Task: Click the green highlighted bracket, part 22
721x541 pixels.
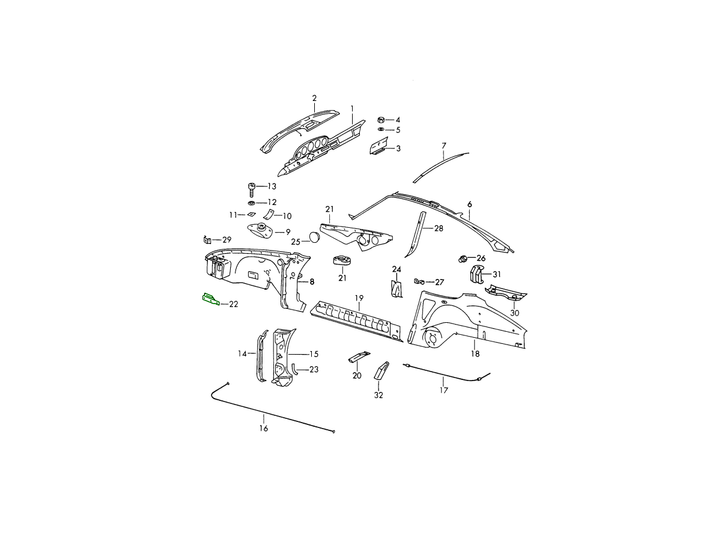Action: coord(211,299)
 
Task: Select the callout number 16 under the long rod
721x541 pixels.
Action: coord(263,429)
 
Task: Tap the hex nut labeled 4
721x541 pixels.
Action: coord(381,119)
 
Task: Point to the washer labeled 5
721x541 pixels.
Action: coord(381,129)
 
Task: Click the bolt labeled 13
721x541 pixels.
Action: coord(252,190)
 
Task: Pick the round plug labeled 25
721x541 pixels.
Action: coord(315,237)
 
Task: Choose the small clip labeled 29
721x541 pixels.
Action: coord(207,240)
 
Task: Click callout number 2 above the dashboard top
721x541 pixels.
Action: coord(314,98)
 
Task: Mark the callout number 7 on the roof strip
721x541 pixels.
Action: coord(444,145)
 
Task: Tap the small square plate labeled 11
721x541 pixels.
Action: coord(251,214)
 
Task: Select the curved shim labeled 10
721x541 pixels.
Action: coord(269,215)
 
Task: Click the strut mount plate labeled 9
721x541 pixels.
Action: coord(260,231)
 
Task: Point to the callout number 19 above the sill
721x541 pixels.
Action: coord(359,298)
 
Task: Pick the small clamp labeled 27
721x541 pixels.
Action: coord(419,281)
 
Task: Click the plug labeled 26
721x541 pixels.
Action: coord(463,259)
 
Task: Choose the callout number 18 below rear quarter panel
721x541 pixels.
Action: coord(475,354)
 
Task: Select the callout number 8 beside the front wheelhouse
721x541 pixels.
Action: coord(312,281)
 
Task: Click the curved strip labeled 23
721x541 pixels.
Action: coord(294,369)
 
